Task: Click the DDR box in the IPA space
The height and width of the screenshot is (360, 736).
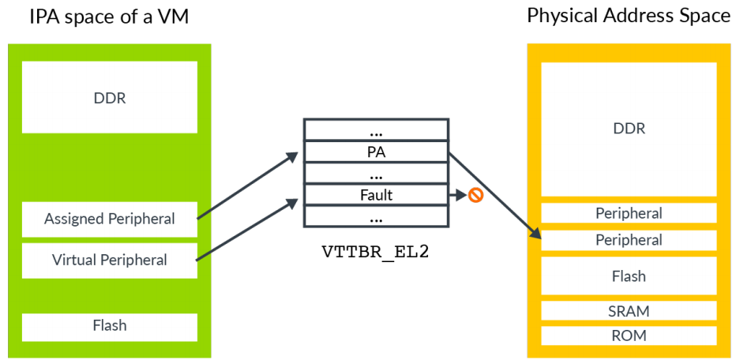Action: pos(109,99)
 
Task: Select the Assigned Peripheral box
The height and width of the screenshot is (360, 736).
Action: pos(109,218)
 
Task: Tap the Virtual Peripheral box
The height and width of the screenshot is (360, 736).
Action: pos(109,260)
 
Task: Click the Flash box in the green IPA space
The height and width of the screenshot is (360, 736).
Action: pos(109,325)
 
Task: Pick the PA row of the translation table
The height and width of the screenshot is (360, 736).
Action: pos(376,152)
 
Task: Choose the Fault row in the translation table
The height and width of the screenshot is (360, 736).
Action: pos(376,194)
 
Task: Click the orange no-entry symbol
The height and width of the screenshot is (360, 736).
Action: pos(475,194)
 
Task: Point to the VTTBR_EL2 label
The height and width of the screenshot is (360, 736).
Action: pos(376,253)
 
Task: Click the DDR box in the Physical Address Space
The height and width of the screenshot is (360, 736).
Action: pos(629,129)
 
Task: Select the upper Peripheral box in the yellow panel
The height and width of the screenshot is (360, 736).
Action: pos(629,213)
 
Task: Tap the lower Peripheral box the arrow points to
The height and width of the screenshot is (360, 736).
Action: pos(629,240)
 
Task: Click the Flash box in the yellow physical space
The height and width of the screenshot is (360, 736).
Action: pos(629,276)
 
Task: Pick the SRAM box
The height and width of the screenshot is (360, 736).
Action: pos(629,311)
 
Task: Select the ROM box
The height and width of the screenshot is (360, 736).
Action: pos(629,336)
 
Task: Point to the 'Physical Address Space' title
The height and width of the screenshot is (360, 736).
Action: pos(629,16)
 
